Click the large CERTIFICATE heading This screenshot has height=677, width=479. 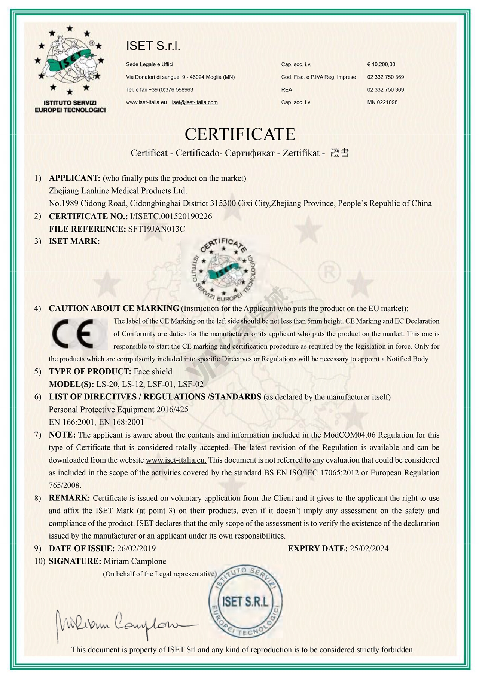click(240, 134)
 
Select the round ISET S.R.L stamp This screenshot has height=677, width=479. click(245, 601)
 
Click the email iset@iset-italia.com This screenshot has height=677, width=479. click(195, 102)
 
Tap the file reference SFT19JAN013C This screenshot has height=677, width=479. click(156, 229)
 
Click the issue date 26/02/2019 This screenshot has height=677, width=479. click(136, 548)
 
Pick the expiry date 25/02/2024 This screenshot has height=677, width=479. click(369, 548)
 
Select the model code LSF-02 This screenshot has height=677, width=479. click(190, 384)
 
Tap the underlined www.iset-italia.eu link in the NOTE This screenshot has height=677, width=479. click(176, 460)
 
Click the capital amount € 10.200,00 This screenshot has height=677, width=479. click(381, 64)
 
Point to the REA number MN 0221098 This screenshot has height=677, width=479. click(382, 102)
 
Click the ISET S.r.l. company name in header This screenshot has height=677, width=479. click(153, 46)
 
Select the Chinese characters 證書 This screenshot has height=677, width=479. click(340, 153)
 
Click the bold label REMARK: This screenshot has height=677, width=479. click(69, 498)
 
